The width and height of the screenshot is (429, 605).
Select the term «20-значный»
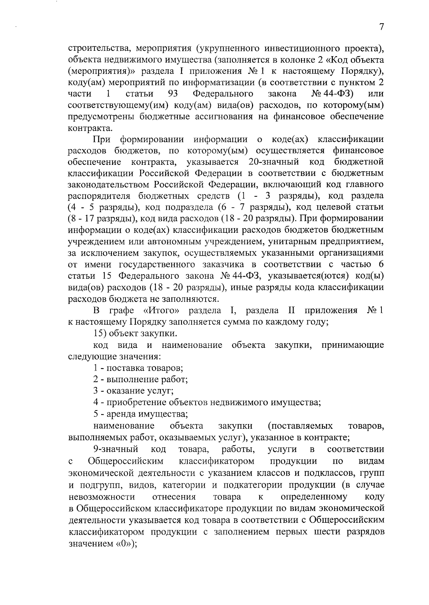click(273, 162)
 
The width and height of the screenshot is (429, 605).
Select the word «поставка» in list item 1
click(125, 368)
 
